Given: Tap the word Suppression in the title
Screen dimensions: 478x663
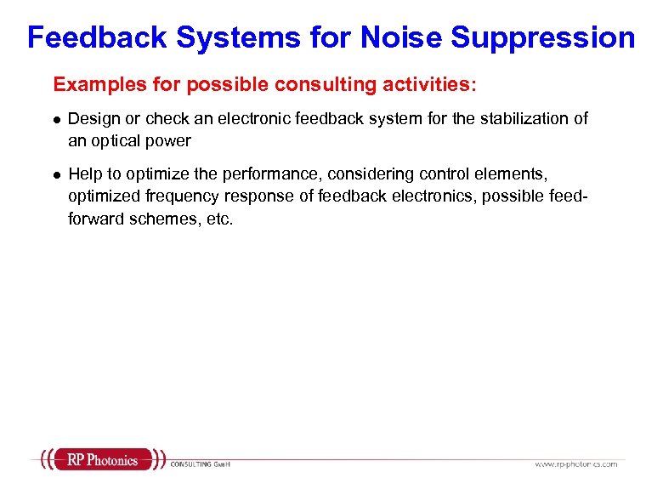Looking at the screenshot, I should [x=543, y=37].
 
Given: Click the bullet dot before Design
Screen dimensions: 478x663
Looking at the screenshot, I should [x=55, y=119].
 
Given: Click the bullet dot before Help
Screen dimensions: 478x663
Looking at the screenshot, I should [x=55, y=174].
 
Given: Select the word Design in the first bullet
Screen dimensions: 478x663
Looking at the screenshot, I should [x=91, y=118].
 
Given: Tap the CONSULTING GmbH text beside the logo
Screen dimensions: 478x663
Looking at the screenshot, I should [x=201, y=464].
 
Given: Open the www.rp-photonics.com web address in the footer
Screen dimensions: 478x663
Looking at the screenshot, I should [x=575, y=464].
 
